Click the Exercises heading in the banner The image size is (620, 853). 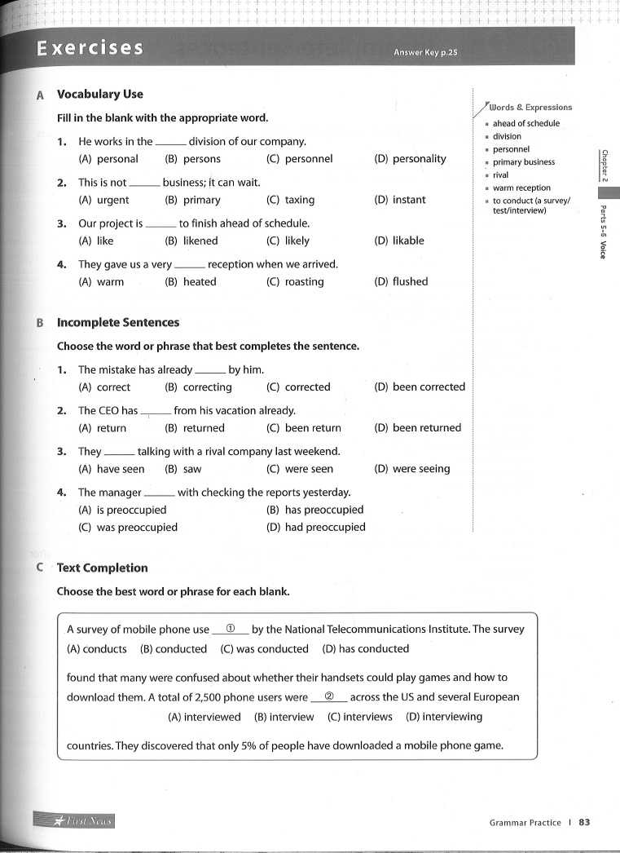point(90,48)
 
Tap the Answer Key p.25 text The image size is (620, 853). point(425,53)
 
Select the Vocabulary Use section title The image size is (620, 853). point(99,95)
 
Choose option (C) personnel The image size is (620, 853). point(299,159)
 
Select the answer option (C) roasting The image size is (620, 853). point(295,281)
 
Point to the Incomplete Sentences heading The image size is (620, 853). point(118,322)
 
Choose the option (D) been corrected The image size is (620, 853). point(419,387)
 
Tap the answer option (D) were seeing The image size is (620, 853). point(411,469)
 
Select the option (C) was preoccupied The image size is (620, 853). point(128,527)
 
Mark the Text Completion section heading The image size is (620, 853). point(103,568)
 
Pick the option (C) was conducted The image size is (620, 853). point(264,649)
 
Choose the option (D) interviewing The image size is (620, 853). point(444,717)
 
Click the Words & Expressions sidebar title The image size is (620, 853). point(530,107)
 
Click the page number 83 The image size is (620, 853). point(583,822)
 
